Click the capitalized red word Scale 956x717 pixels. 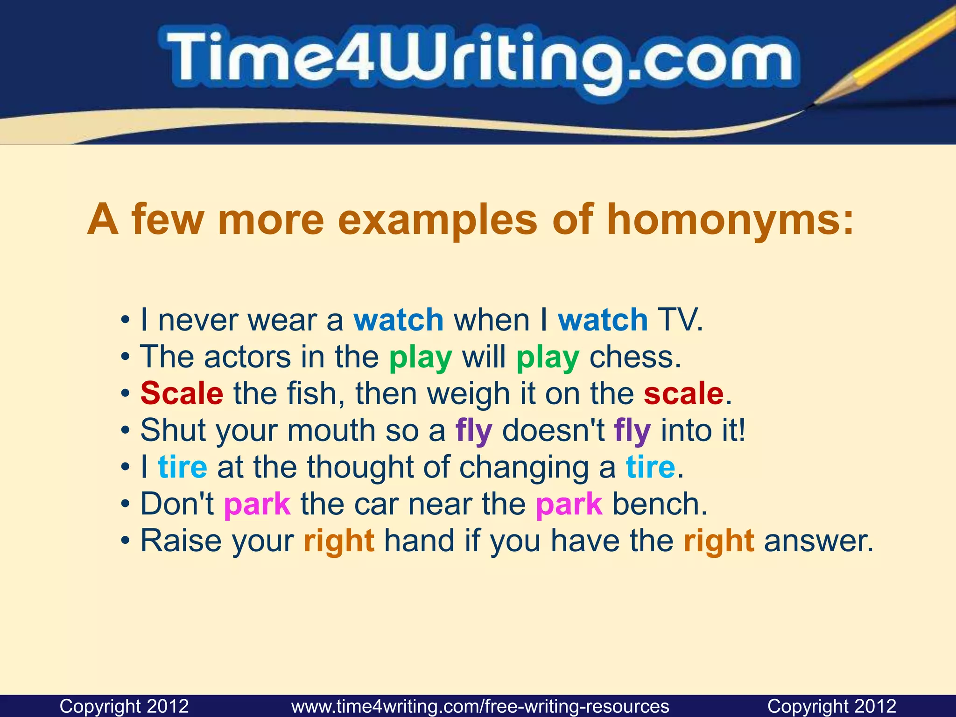(182, 394)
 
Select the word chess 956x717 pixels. (635, 357)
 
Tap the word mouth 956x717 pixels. (331, 430)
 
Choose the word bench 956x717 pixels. (660, 504)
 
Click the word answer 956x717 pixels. (818, 541)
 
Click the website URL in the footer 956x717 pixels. (480, 706)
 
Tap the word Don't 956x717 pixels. (177, 504)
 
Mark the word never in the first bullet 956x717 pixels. (198, 320)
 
